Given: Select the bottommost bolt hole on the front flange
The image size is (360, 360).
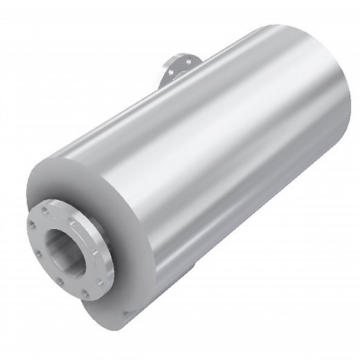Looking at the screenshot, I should click(x=85, y=294).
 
